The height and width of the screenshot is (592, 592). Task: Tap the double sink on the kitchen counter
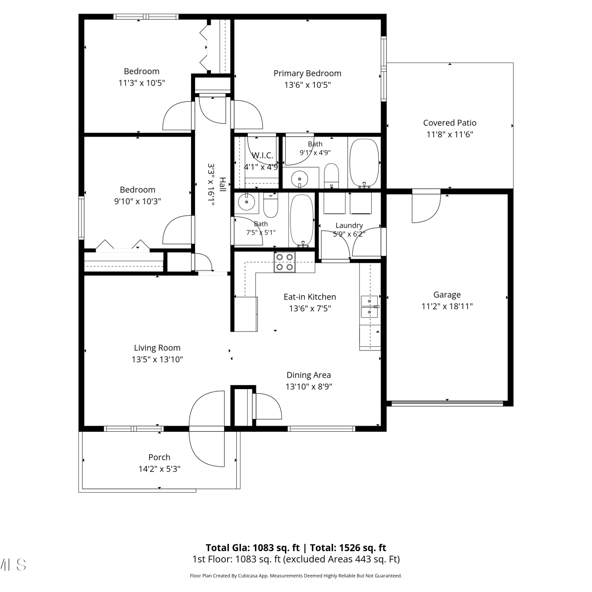click(x=370, y=307)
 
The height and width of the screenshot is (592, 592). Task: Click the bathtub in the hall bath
click(x=302, y=220)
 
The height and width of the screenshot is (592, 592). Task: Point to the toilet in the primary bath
click(x=331, y=176)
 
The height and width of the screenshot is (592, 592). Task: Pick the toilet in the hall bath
click(x=271, y=205)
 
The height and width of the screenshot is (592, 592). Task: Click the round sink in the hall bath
click(x=247, y=203)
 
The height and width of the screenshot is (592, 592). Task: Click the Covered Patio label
click(x=450, y=123)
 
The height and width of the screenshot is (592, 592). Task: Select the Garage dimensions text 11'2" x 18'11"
click(x=447, y=306)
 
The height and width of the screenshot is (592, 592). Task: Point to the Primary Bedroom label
click(x=307, y=73)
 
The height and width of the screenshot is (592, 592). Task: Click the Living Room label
click(x=157, y=348)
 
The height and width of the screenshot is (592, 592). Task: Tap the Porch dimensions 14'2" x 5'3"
click(x=159, y=469)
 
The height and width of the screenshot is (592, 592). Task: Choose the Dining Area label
click(x=309, y=375)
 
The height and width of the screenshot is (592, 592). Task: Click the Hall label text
click(x=223, y=185)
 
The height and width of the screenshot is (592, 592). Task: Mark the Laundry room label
click(x=349, y=225)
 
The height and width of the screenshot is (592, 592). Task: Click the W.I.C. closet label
click(x=262, y=155)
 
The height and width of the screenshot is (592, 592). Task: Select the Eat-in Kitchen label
click(x=310, y=297)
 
